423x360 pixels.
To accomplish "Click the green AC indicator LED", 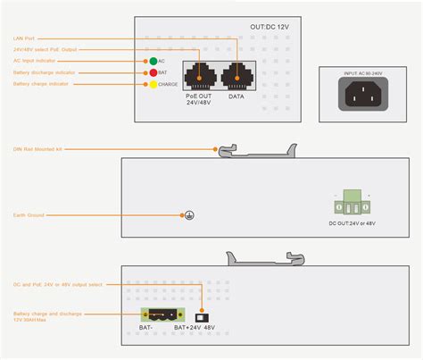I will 153,61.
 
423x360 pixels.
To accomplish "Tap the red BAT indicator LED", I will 153,72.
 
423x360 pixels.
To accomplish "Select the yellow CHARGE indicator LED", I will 153,84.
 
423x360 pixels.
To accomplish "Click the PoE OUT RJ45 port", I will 197,75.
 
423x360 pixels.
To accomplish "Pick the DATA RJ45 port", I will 236,75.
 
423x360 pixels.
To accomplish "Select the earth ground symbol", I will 188,215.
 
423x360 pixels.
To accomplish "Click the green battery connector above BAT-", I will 160,314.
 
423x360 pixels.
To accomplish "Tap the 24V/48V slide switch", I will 203,315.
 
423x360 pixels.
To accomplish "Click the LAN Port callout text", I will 24,38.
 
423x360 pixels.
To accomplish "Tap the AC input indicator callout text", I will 34,61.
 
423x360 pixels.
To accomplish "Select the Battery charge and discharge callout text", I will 47,315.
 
